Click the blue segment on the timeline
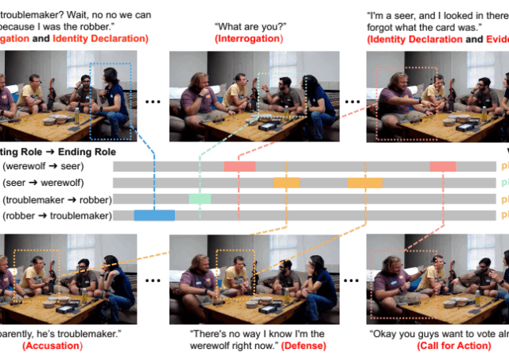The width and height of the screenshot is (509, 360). [x=154, y=215]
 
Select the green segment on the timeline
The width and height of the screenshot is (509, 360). [x=200, y=199]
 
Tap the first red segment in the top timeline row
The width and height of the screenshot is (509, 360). [x=239, y=166]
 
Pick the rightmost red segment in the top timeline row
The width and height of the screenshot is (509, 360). [x=442, y=166]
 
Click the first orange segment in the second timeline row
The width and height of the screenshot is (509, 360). [x=286, y=183]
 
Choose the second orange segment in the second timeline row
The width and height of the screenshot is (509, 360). [x=365, y=183]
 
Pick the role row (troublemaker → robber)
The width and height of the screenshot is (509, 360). [x=57, y=199]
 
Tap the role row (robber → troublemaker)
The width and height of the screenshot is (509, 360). [x=57, y=215]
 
